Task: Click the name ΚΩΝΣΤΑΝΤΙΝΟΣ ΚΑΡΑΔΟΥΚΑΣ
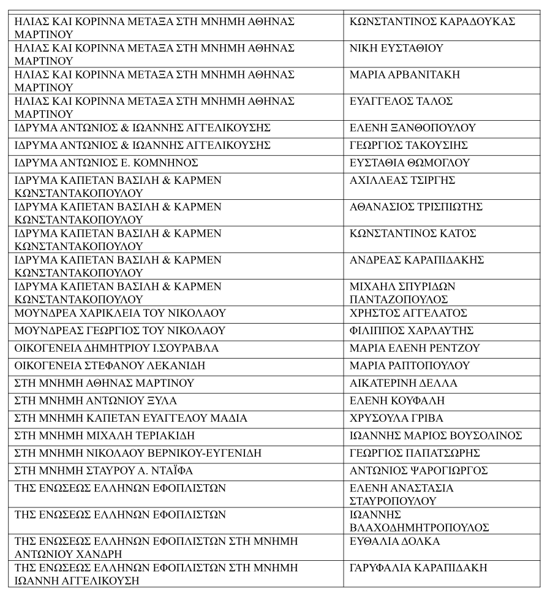(432, 22)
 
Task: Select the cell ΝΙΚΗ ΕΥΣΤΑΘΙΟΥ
(396, 48)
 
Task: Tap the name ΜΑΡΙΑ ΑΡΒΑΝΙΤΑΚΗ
(404, 75)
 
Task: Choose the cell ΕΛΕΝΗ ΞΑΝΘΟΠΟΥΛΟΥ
(412, 128)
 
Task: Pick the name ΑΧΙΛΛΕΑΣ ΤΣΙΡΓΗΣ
(402, 181)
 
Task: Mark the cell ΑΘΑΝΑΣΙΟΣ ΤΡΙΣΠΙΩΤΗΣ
(416, 207)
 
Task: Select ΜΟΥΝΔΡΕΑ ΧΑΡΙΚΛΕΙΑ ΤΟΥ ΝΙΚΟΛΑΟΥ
(120, 313)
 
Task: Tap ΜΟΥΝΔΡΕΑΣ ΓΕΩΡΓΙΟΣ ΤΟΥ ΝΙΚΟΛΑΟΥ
(120, 331)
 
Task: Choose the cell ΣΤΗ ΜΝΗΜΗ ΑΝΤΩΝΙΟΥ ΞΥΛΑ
(96, 401)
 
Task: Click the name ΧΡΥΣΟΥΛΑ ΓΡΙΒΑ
(396, 419)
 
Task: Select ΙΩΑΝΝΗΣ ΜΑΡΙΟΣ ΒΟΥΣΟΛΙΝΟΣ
(435, 436)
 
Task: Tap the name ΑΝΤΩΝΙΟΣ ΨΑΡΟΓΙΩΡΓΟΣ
(418, 471)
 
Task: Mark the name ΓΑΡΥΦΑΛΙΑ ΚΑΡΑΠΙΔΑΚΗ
(418, 568)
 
